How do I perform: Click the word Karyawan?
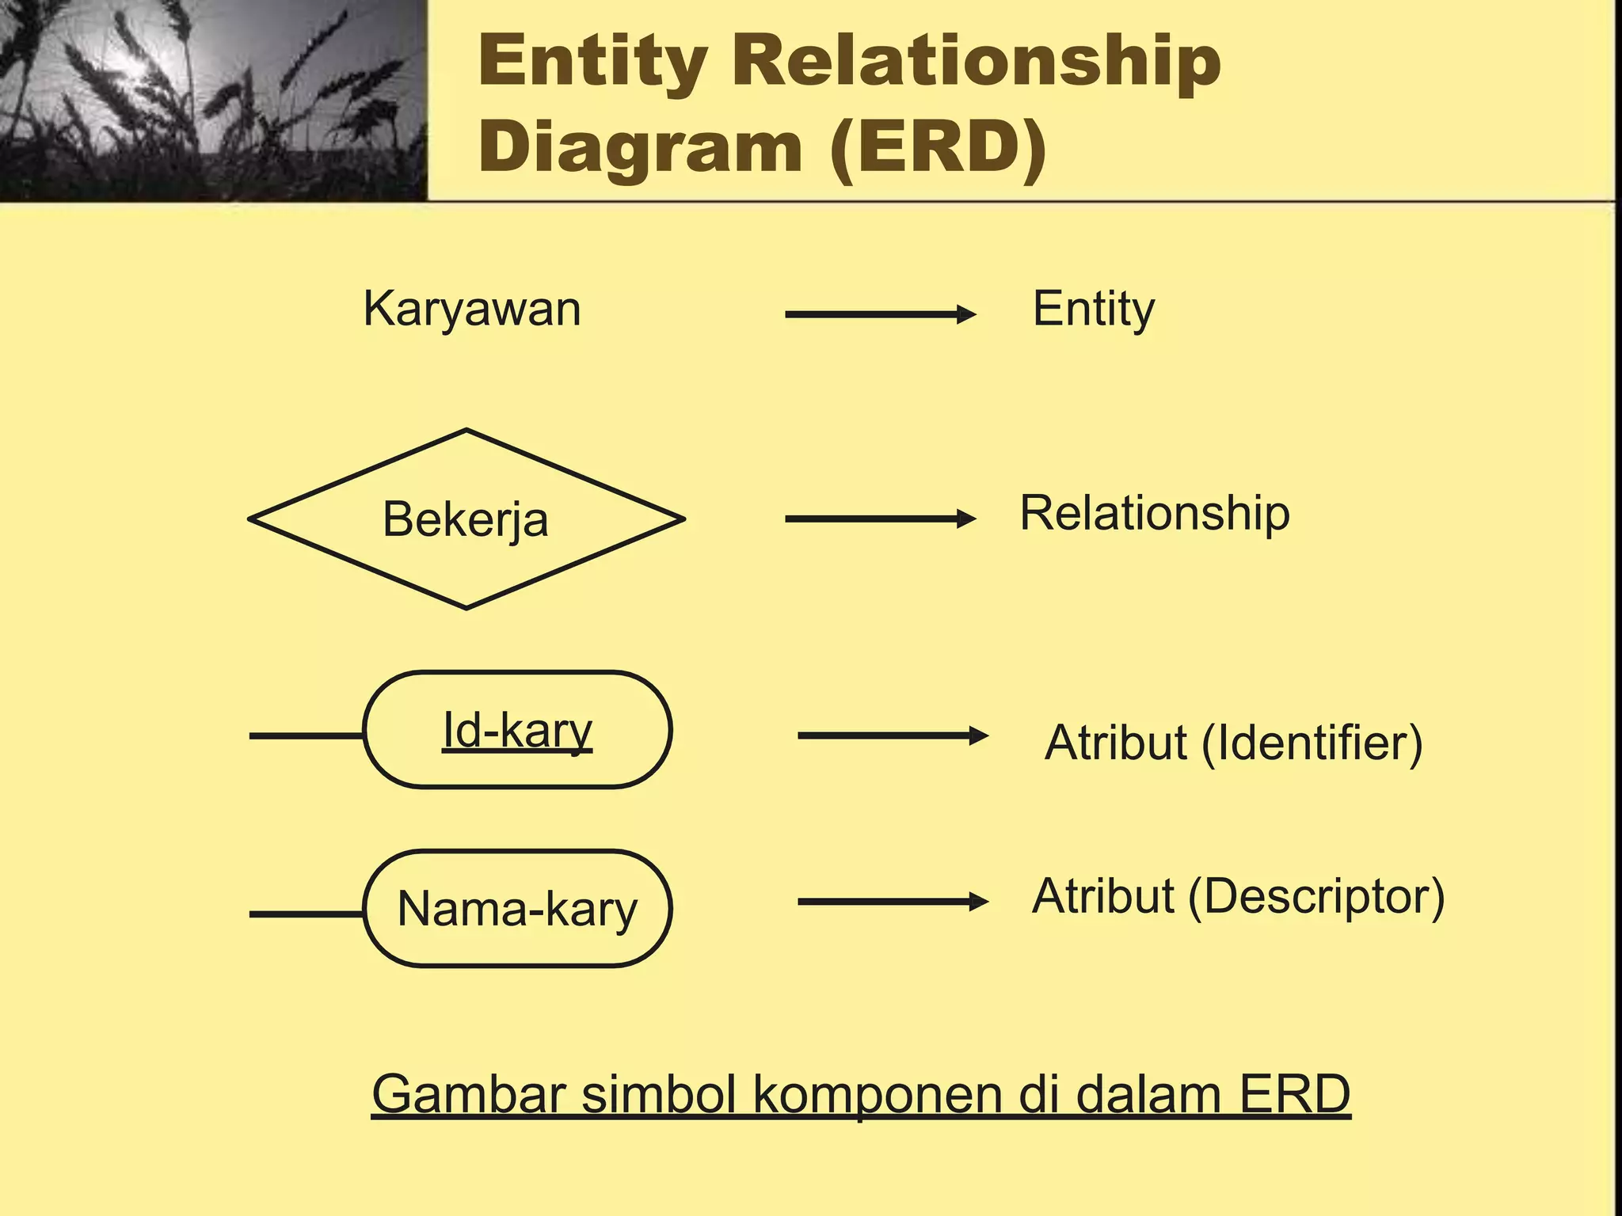(472, 309)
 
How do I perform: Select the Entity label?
(1093, 309)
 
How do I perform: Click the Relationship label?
(1154, 513)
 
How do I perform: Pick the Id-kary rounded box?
(517, 730)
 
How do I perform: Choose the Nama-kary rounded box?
(517, 908)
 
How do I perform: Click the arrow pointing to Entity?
(880, 314)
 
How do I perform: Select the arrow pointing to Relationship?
(880, 519)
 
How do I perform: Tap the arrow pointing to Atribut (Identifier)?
(893, 735)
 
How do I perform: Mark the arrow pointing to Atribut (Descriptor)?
(893, 902)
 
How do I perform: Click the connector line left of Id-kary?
(306, 735)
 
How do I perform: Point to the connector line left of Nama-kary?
(306, 914)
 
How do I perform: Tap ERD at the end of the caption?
(1294, 1094)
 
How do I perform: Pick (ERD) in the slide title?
(939, 148)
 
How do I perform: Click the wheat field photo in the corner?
(212, 99)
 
